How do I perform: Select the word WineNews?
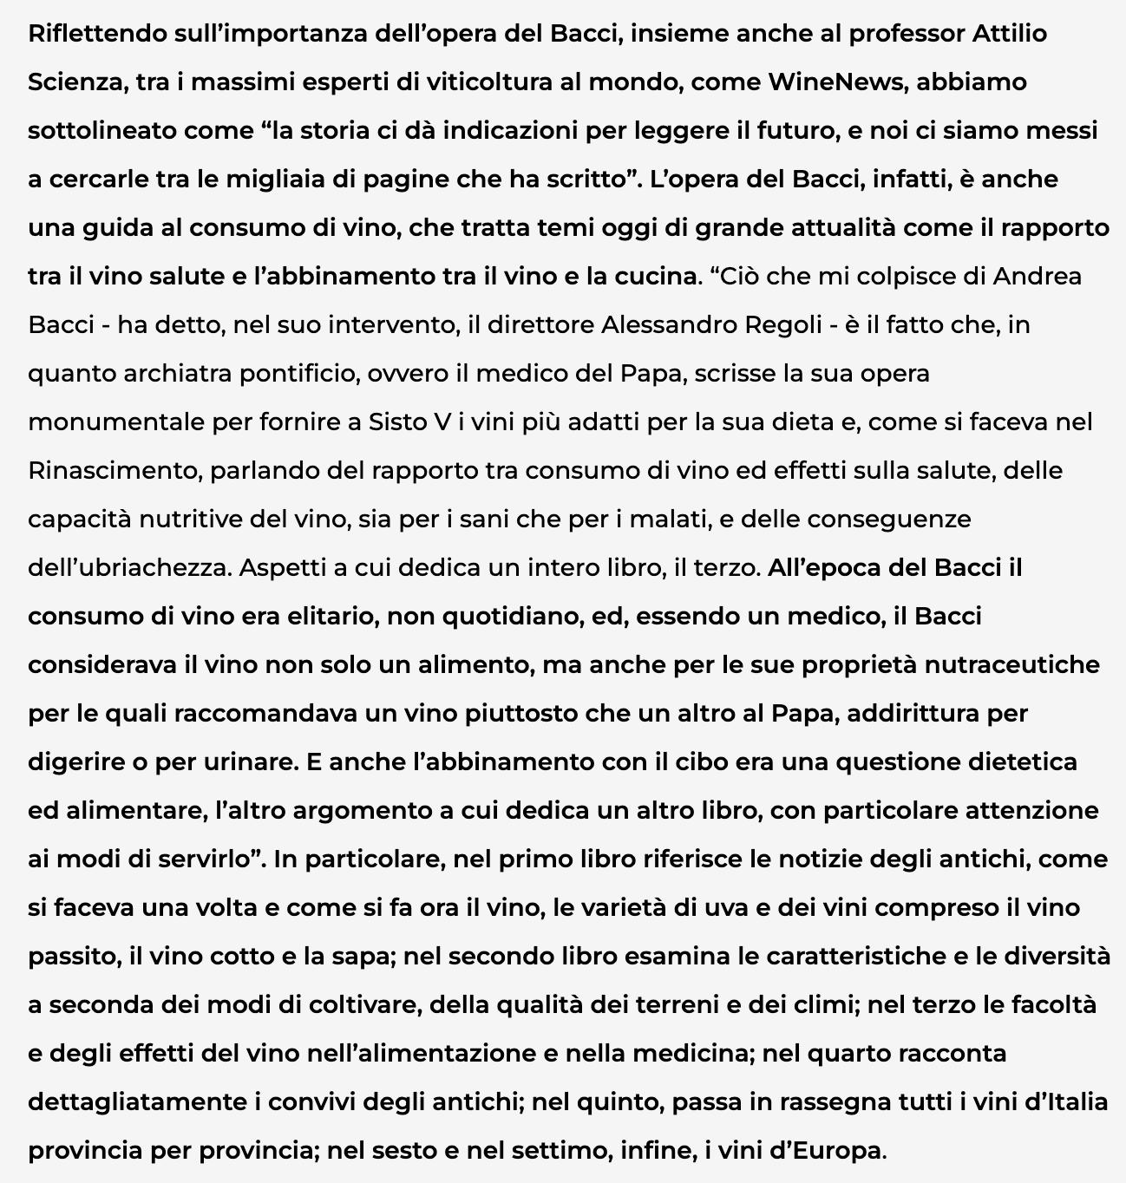point(837,82)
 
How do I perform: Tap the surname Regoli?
point(783,325)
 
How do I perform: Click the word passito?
point(75,957)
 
